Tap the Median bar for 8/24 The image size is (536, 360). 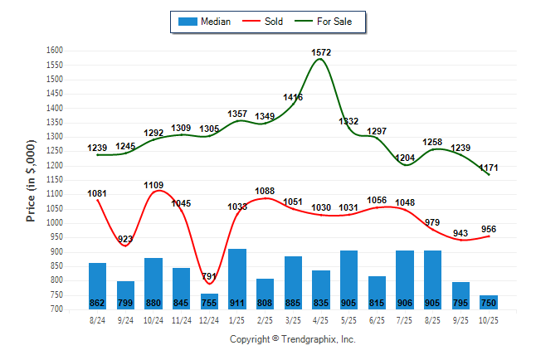97,285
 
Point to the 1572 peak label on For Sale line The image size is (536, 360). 320,52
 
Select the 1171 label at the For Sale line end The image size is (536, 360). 489,168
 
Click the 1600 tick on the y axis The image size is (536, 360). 54,51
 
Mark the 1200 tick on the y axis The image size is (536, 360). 54,166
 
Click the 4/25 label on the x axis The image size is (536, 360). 321,319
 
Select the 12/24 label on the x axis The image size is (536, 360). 209,319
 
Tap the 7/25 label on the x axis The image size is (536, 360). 405,319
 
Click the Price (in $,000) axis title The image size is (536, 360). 31,180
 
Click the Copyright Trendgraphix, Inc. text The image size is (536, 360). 292,339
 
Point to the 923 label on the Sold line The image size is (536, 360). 125,238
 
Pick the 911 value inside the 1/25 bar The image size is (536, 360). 236,303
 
